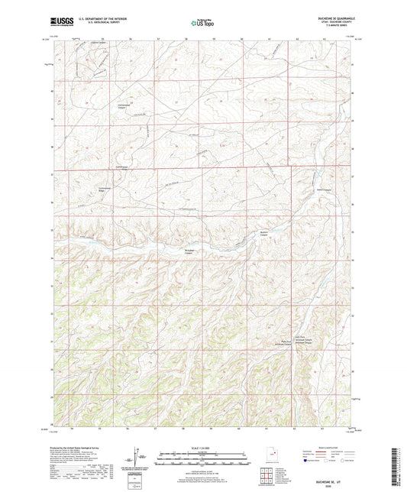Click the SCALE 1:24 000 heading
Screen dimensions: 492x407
[x=203, y=447]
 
